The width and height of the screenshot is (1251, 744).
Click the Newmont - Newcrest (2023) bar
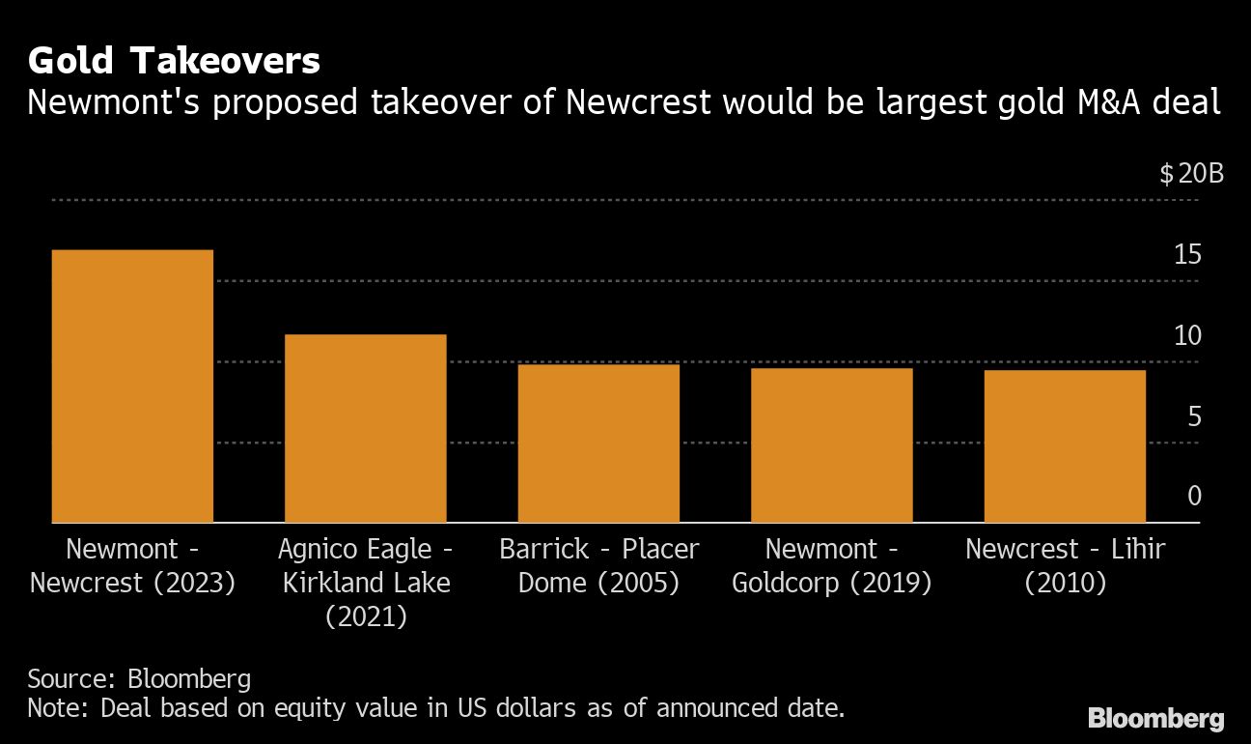coord(132,386)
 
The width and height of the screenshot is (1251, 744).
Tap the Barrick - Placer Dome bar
coord(598,444)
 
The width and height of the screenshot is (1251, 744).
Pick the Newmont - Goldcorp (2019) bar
coord(831,445)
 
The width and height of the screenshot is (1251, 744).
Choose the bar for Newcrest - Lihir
coord(1065,446)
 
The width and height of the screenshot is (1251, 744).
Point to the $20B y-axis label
coord(1191,175)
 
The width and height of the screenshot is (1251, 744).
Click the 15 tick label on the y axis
coord(1188,255)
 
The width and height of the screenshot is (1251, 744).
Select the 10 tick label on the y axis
coord(1188,336)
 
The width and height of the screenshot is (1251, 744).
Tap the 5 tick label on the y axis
coord(1194,416)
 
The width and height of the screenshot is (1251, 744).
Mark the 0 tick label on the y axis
coord(1194,497)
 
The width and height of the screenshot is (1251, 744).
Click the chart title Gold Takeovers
coord(174,62)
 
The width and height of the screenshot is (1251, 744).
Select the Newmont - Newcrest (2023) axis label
coord(133,566)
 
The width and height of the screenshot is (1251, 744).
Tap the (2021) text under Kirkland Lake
coord(366,616)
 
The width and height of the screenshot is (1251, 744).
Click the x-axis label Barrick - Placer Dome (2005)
coord(598,566)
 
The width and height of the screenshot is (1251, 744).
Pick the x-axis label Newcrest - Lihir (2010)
coord(1065,566)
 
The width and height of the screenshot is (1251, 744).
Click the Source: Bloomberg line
coord(139,677)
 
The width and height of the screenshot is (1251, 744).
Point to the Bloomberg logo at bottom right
coord(1155,719)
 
